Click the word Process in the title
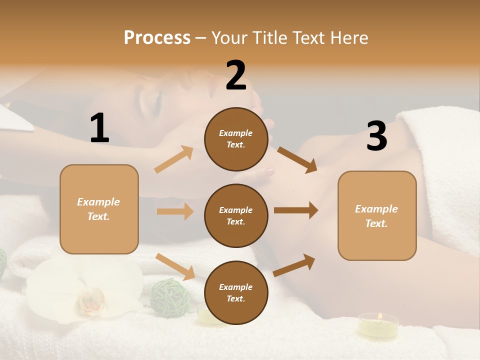pos(157,37)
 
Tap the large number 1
pos(99,128)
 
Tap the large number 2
pos(236,75)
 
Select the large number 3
pos(376,136)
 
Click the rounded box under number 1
pos(99,209)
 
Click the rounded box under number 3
pos(377,215)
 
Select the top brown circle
pos(236,139)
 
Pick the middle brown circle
pos(236,215)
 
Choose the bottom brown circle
pos(236,292)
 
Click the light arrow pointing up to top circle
pos(174,159)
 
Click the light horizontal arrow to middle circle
pos(175,211)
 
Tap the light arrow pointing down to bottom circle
pos(175,266)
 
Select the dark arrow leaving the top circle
pos(297,160)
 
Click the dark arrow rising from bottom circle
pos(294,265)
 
